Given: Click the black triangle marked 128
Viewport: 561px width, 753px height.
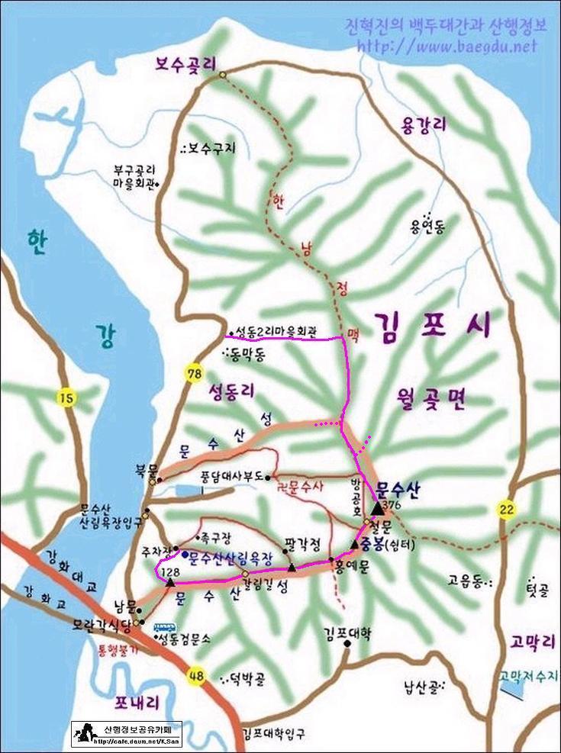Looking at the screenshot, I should click(x=170, y=584).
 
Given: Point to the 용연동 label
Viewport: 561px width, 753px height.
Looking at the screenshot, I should click(x=427, y=227).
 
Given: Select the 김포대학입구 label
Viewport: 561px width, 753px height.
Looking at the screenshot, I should click(x=273, y=735).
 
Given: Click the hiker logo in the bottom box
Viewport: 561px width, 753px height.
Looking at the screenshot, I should click(x=83, y=734).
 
